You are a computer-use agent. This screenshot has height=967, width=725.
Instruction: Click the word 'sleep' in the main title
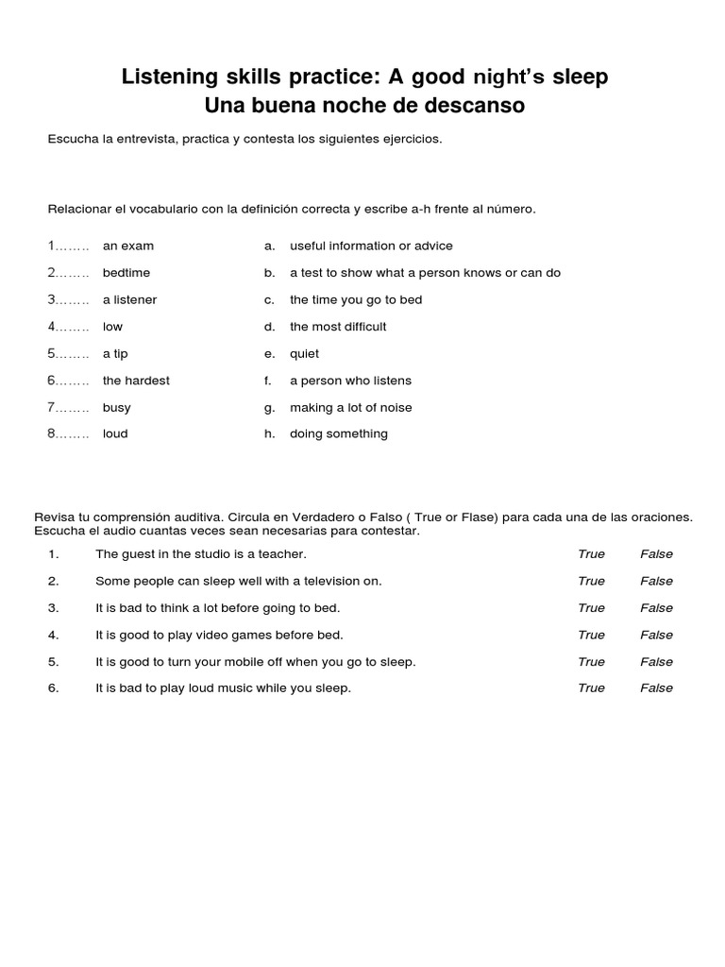(577, 77)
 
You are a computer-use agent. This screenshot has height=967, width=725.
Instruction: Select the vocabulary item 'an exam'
(128, 246)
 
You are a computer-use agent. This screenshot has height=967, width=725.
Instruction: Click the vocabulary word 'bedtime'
(126, 273)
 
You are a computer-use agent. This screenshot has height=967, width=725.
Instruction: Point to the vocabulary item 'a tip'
(115, 353)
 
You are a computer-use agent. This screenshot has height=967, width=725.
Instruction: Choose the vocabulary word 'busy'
(117, 407)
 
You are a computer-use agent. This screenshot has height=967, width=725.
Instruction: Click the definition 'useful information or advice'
(371, 246)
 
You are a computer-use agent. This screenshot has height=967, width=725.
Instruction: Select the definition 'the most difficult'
(338, 327)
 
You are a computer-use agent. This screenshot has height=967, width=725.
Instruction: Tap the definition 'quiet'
(304, 353)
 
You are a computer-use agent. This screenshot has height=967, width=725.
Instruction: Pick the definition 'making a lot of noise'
(350, 407)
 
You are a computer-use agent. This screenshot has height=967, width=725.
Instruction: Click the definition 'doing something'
(338, 433)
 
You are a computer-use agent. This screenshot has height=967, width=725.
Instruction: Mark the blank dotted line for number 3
(73, 300)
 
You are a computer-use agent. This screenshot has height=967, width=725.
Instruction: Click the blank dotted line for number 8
(73, 434)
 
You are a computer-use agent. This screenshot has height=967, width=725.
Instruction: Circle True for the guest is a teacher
(591, 554)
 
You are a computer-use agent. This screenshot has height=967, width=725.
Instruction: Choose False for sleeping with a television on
(656, 581)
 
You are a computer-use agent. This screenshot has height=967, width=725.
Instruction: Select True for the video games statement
(591, 635)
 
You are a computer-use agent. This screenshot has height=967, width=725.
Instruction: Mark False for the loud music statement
(656, 688)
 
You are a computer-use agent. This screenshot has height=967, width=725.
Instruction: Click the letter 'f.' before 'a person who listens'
(268, 381)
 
